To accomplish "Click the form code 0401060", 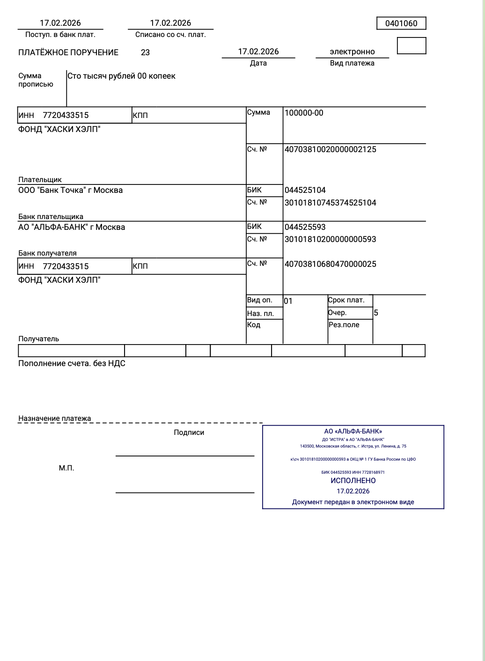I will (x=401, y=23).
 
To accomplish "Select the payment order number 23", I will (x=145, y=52).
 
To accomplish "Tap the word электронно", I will (x=352, y=51).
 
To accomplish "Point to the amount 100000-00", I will (x=304, y=113).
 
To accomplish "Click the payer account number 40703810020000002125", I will (x=330, y=149).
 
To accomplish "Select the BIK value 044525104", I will (x=305, y=190).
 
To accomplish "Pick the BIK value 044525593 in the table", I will (x=305, y=227).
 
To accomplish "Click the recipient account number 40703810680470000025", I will (x=330, y=264).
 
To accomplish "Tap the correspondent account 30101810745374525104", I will (x=330, y=203).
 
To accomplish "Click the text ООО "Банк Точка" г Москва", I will (x=70, y=190).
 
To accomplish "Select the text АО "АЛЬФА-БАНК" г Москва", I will (x=72, y=227).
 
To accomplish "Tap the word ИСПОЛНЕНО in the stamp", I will (x=353, y=480).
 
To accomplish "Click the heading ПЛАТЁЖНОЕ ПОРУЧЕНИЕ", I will (x=68, y=52).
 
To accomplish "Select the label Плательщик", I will (x=40, y=180).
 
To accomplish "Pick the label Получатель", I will (x=38, y=339).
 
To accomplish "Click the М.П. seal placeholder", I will (x=66, y=468).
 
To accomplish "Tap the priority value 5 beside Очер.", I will (x=376, y=313).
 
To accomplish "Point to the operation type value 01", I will (x=288, y=301).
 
